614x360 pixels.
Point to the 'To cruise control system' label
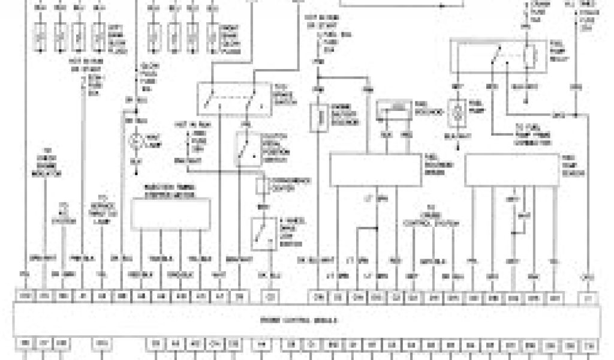pyautogui.click(x=431, y=219)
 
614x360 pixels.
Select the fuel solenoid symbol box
pyautogui.click(x=392, y=110)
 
